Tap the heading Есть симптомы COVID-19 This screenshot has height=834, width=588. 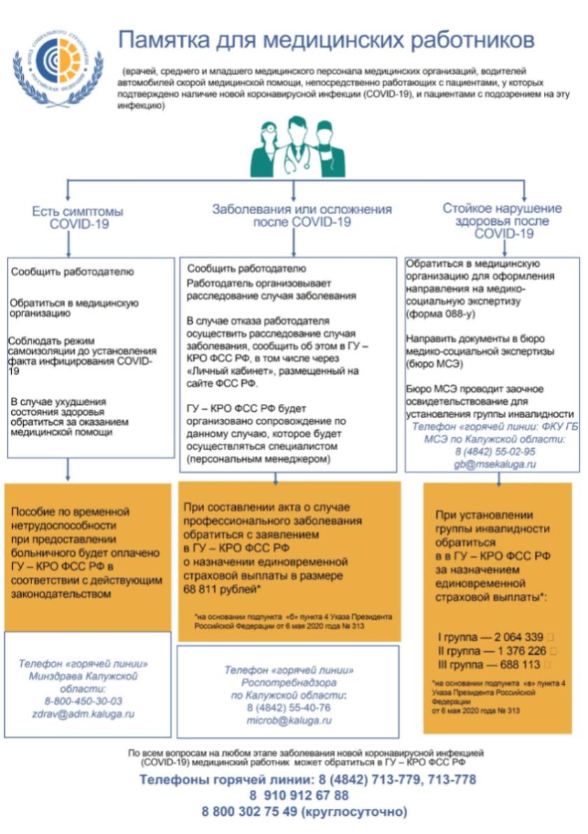tap(78, 217)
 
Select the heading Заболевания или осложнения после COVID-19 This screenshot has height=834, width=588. tap(302, 216)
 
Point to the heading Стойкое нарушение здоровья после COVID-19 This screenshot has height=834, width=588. tap(503, 221)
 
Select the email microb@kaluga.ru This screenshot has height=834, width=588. tap(288, 720)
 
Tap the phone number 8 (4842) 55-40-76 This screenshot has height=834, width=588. tap(288, 708)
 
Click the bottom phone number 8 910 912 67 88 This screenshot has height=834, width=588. tap(298, 795)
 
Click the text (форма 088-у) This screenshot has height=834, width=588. tap(435, 314)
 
